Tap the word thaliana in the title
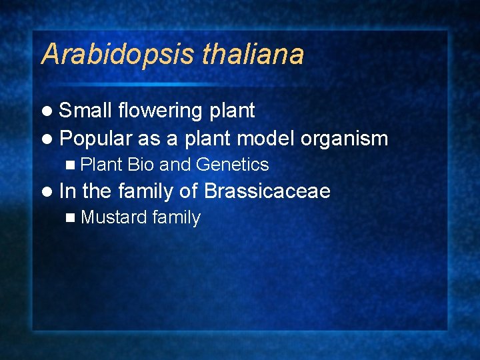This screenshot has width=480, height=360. coord(252,54)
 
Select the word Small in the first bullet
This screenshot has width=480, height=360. coord(85,110)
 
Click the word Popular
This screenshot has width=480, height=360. coord(96,138)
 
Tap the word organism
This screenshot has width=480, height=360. coord(344,139)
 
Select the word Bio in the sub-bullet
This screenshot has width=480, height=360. coord(141,164)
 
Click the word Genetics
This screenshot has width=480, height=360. coord(232,164)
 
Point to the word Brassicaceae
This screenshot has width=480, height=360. coord(267,191)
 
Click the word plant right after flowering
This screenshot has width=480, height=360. coord(232,111)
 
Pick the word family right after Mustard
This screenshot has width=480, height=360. coord(176,218)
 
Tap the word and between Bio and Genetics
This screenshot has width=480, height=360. coord(174,164)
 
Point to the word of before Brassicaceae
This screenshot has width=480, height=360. coord(189,191)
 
